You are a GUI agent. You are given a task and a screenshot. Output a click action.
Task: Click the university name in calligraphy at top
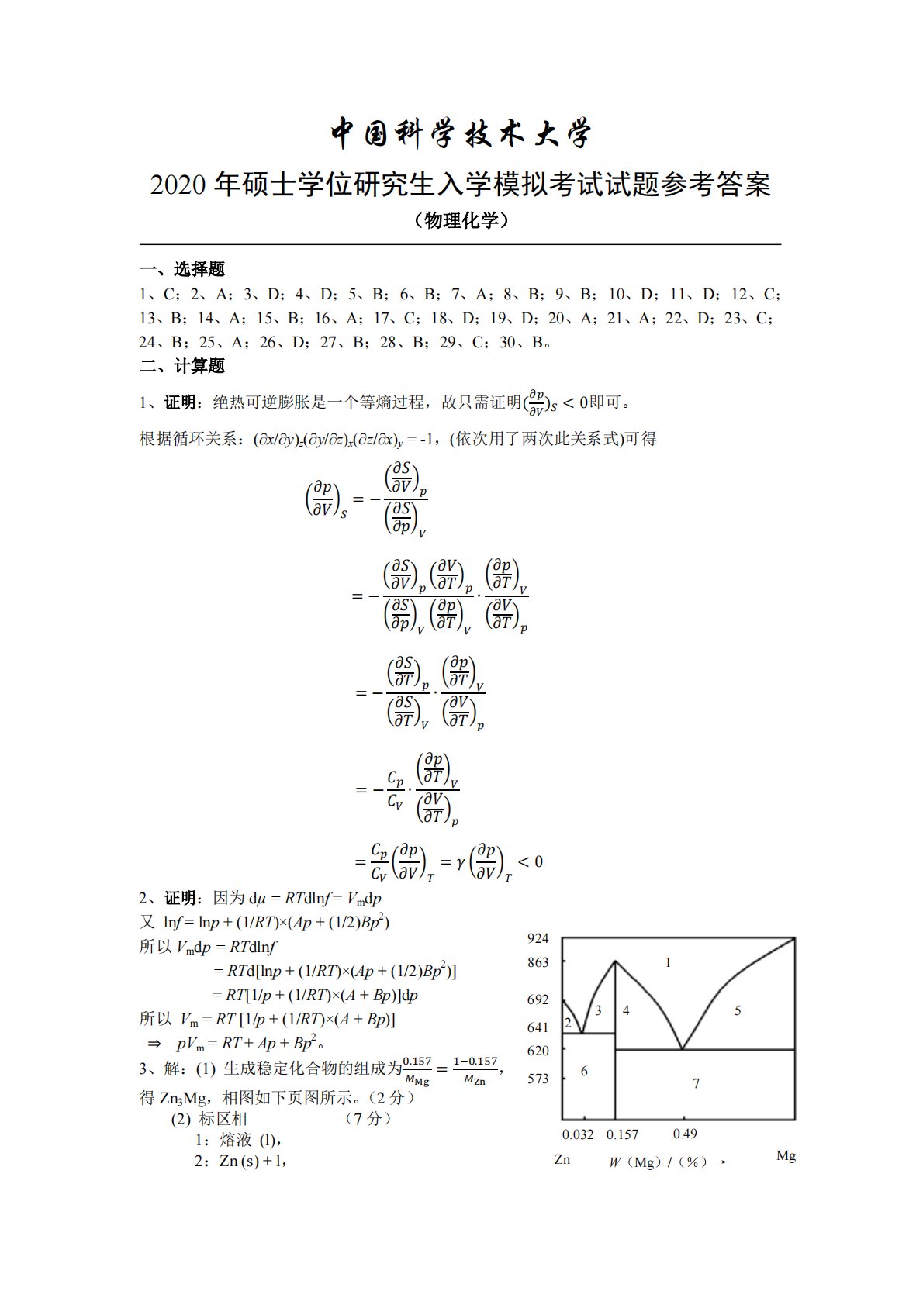coord(461,133)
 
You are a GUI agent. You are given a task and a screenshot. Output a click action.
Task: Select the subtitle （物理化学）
coord(461,221)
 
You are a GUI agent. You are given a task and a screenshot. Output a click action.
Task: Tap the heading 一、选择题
coord(182,269)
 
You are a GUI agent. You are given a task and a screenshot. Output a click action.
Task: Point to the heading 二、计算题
coord(182,366)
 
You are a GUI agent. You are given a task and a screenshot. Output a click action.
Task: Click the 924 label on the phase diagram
coord(538,938)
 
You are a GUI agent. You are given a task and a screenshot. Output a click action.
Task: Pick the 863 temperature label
coord(538,962)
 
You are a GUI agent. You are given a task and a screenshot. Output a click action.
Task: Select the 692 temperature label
coord(538,999)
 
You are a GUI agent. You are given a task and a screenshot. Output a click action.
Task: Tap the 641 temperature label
coord(538,1027)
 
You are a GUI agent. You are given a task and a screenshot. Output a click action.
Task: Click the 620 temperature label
coord(538,1051)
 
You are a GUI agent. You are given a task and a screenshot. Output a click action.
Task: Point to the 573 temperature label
coord(538,1079)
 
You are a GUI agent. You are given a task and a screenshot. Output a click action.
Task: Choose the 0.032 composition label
coord(577,1134)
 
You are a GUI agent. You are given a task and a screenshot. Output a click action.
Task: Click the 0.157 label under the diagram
coord(622,1134)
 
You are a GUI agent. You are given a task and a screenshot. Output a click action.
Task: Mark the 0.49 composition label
coord(684,1134)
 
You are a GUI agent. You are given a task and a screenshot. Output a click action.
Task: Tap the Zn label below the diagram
coord(562,1159)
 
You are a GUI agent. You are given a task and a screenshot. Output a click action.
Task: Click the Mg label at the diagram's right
coord(786,1156)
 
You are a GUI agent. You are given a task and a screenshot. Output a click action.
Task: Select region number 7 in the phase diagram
coord(696,1083)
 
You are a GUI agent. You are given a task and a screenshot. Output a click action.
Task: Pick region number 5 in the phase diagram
coord(738,1010)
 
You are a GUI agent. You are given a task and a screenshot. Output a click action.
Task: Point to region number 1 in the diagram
coord(668,963)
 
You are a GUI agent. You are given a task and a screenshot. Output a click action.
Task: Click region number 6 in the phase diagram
coord(584,1072)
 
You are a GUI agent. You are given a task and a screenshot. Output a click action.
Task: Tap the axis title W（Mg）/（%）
coord(666,1162)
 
